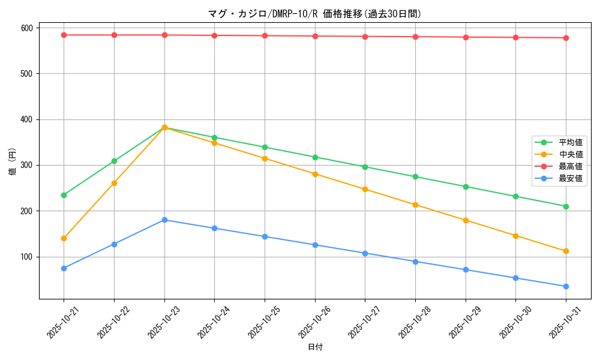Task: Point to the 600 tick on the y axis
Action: point(28,28)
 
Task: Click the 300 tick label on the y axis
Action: point(28,165)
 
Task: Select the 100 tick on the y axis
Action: point(28,257)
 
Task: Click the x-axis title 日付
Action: point(315,347)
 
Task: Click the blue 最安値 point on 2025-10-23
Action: point(164,220)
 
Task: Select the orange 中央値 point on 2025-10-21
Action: point(64,238)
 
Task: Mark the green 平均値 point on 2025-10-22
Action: point(114,161)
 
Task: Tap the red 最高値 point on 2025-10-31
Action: point(566,38)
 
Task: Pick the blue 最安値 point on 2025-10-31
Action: point(566,286)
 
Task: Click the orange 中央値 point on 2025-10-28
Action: point(415,205)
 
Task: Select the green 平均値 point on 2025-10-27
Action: point(365,167)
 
